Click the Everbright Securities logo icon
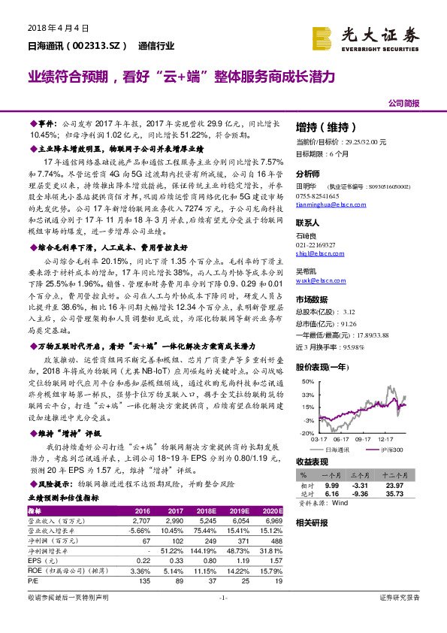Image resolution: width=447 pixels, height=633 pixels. [325, 37]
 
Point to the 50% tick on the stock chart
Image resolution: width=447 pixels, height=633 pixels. [307, 383]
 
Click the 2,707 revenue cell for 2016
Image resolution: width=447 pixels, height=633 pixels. [140, 519]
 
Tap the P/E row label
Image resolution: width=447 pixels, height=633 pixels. [34, 580]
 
